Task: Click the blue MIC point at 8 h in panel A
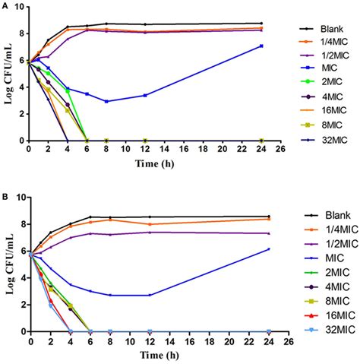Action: pyautogui.click(x=106, y=101)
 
